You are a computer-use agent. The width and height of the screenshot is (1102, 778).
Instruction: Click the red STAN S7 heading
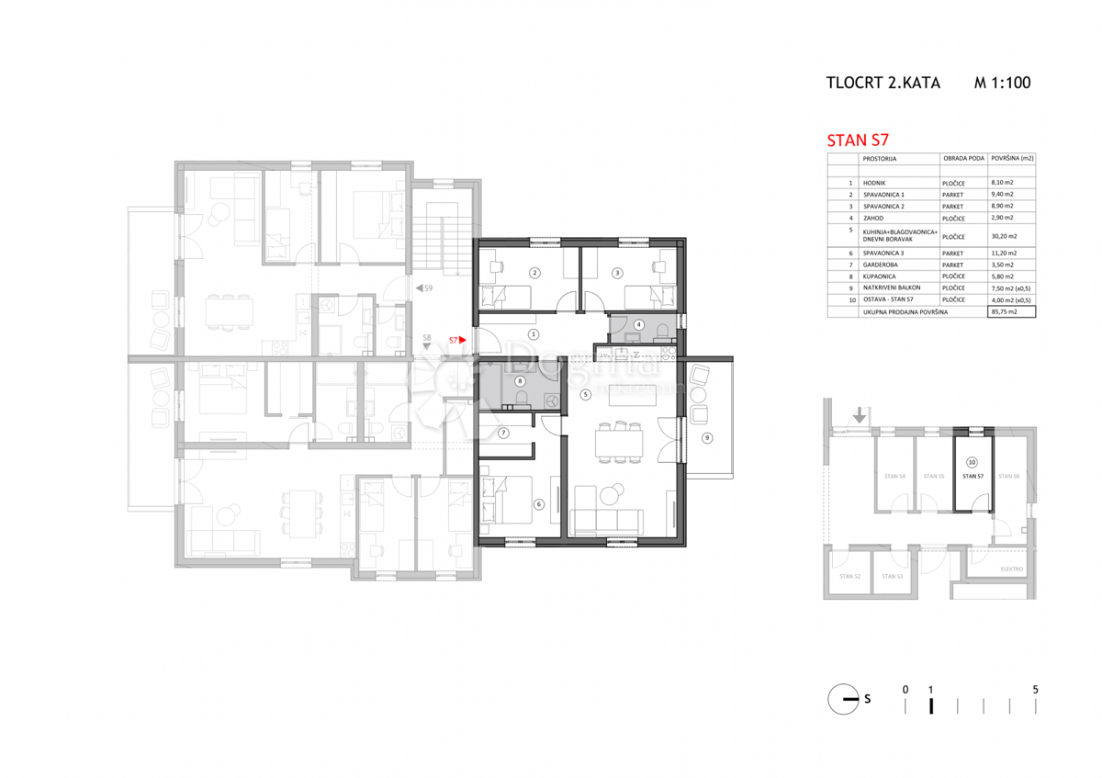tap(860, 141)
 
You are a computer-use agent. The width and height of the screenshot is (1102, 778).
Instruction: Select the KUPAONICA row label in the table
tap(881, 276)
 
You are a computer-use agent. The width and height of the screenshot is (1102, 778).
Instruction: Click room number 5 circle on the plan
tap(586, 395)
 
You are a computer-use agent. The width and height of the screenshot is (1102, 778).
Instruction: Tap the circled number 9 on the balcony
tap(706, 438)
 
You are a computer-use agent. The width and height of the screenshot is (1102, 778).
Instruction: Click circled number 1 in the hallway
tap(533, 334)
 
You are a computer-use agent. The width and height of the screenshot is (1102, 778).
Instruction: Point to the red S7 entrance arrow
tap(462, 340)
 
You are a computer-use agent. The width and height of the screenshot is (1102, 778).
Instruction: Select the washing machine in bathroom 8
tap(551, 400)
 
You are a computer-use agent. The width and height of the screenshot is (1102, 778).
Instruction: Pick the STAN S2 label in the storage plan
tap(850, 576)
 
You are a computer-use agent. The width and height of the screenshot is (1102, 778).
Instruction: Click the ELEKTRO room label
tap(1011, 569)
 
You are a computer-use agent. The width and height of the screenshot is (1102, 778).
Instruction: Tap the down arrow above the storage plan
tap(859, 415)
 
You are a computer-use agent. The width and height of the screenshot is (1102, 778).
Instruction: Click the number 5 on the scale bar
tap(1036, 689)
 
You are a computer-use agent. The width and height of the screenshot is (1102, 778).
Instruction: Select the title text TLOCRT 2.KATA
tap(883, 83)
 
